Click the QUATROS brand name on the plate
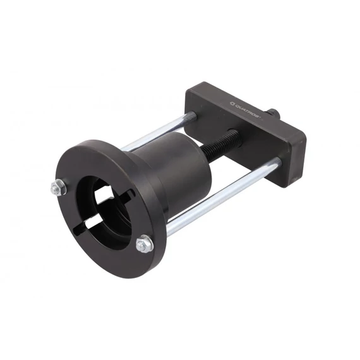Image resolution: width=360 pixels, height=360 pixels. pos(248,112)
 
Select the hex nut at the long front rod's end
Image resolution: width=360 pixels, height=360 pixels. pos(144,244)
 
